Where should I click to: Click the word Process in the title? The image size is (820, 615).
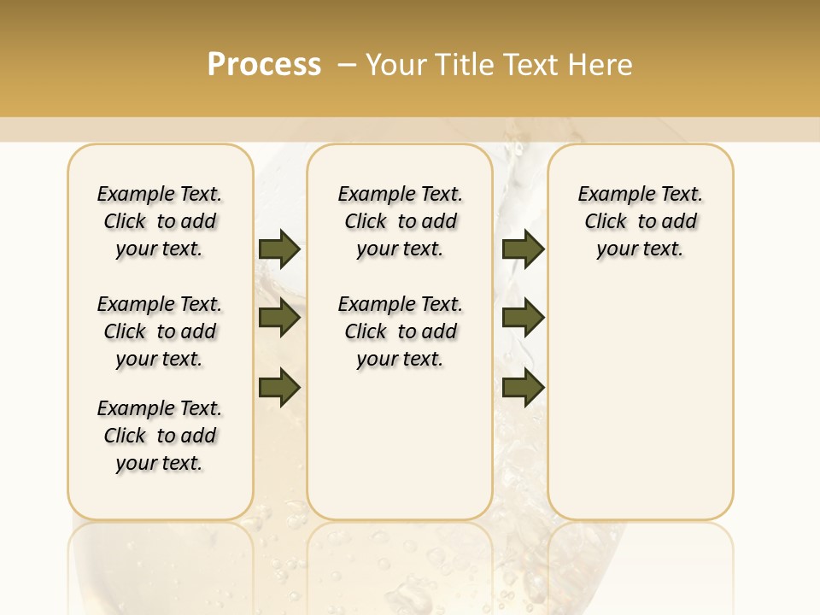[264, 65]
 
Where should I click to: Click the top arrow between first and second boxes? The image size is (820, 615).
[279, 249]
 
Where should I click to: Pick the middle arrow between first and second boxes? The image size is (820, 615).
[279, 318]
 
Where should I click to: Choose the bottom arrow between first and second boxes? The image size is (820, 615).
[279, 387]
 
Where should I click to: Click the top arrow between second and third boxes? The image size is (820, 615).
[523, 249]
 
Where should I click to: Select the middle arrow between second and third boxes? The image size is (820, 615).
[523, 318]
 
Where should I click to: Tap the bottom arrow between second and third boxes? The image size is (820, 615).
[523, 387]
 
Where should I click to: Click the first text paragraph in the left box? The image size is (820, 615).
[160, 221]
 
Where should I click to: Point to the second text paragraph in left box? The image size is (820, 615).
[160, 331]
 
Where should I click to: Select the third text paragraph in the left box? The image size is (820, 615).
[160, 436]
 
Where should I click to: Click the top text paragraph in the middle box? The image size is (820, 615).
[400, 221]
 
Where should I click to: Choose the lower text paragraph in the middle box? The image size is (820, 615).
[400, 331]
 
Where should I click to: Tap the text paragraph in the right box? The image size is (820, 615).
[641, 221]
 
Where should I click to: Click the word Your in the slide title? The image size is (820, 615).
[394, 65]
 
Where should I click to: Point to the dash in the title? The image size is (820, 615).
[347, 65]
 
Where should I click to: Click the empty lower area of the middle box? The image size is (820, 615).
[400, 444]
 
